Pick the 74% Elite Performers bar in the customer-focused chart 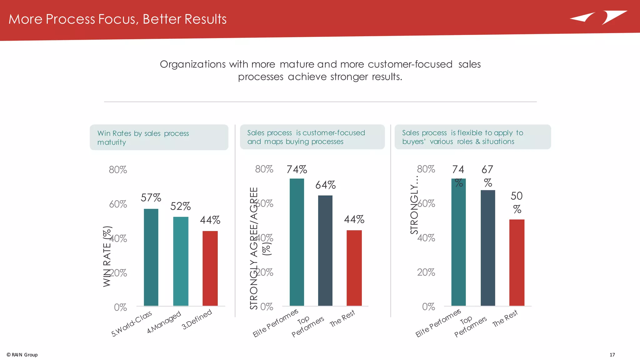[x=297, y=242]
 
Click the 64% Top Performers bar [x=325, y=251]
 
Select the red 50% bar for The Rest [x=517, y=262]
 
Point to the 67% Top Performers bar [x=487, y=248]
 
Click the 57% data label [x=151, y=197]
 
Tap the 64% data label [x=325, y=185]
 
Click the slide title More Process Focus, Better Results [x=117, y=19]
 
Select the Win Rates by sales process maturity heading [x=143, y=137]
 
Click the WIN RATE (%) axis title [x=107, y=256]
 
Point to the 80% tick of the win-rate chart [x=118, y=170]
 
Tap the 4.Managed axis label [x=164, y=322]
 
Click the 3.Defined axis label [x=197, y=319]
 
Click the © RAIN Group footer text [x=22, y=355]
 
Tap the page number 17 [x=612, y=355]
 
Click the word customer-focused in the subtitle [x=410, y=64]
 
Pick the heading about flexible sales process [x=462, y=137]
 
